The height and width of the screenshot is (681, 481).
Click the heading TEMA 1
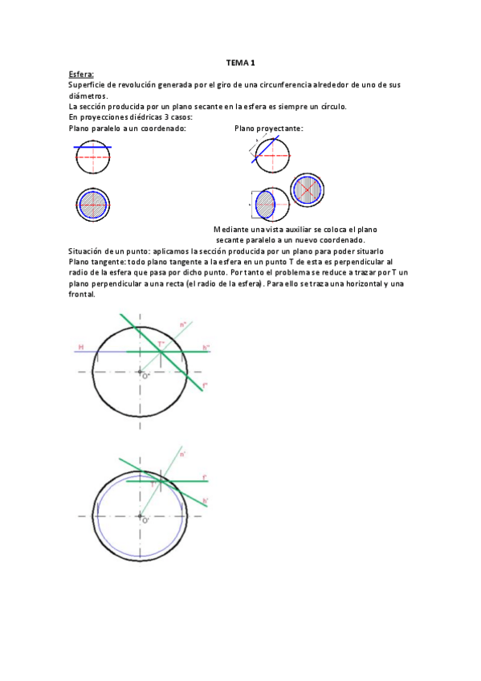coord(241,63)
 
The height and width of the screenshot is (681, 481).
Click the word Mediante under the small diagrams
coord(232,230)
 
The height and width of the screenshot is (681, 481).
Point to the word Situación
coord(88,251)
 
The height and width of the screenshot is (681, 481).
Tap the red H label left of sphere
coord(80,347)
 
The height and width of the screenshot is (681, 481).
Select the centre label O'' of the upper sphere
coord(145,375)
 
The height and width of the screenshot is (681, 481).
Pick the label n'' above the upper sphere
coord(184,324)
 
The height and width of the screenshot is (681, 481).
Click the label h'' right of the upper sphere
coord(206,347)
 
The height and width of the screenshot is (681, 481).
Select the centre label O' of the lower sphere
coord(145,520)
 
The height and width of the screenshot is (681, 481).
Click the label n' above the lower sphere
coord(183,455)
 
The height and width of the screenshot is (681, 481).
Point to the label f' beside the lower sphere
coord(206,478)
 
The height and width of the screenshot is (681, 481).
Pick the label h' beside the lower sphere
coord(206,501)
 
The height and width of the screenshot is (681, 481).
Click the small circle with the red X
coord(307,190)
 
